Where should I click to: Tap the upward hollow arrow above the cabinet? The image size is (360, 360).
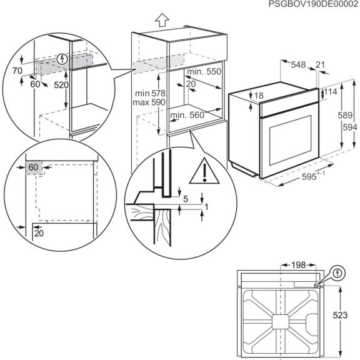[x=162, y=19]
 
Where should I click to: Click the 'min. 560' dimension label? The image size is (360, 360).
[x=187, y=115]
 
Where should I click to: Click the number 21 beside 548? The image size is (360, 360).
[x=321, y=64]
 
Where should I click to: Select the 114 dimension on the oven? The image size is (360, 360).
[x=331, y=92]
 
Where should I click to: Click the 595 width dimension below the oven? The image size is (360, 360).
[x=308, y=177]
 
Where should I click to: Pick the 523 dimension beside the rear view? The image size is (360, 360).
[x=350, y=316]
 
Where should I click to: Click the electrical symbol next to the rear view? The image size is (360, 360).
[x=337, y=273]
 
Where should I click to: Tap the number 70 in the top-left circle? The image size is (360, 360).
[x=17, y=71]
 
